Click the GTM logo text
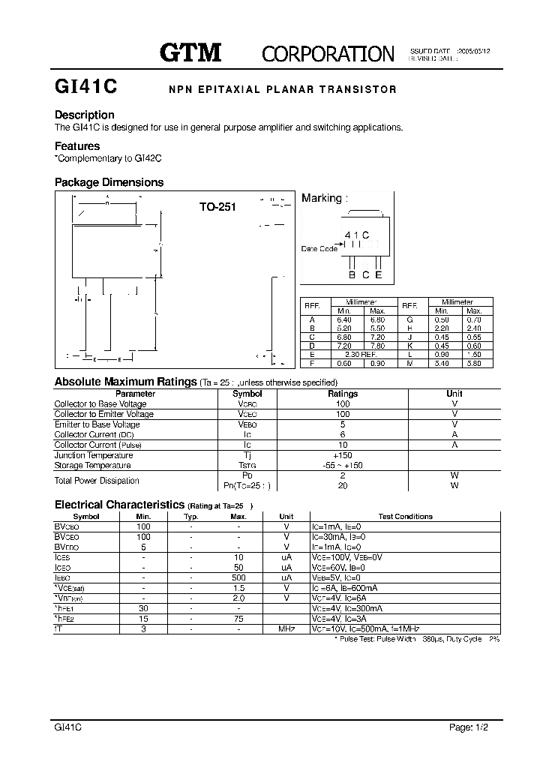tap(190, 52)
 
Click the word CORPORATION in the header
tap(328, 53)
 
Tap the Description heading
tap(85, 115)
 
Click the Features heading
tap(77, 146)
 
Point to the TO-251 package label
tap(217, 207)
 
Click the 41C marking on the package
tap(357, 235)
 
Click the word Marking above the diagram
tap(321, 198)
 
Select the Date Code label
tap(319, 248)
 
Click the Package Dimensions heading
tap(109, 182)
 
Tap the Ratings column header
tap(343, 394)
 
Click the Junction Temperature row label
tap(94, 455)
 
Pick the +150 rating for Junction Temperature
tap(343, 455)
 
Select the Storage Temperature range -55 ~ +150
tap(343, 465)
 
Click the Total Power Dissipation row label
tap(97, 480)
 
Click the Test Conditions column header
tap(405, 516)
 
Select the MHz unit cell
tap(286, 628)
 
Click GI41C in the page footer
tap(68, 727)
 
